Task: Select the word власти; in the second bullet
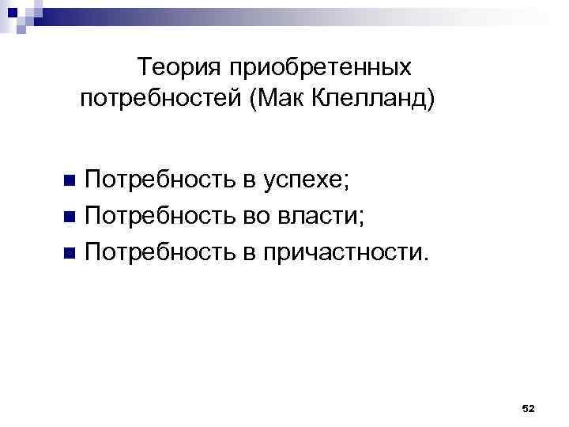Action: [321, 216]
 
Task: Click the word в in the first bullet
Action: [250, 180]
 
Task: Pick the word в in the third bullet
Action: [250, 252]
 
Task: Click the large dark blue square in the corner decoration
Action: [10, 9]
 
